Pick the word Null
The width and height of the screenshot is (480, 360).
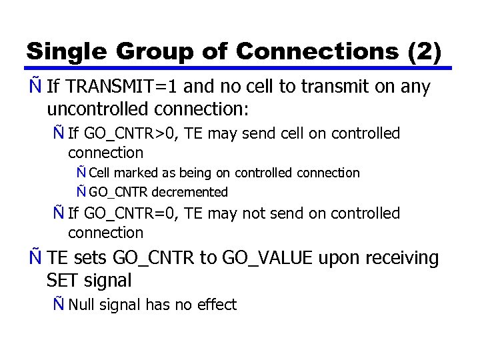pos(82,305)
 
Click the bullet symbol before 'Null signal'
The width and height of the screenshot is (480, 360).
pos(59,305)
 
